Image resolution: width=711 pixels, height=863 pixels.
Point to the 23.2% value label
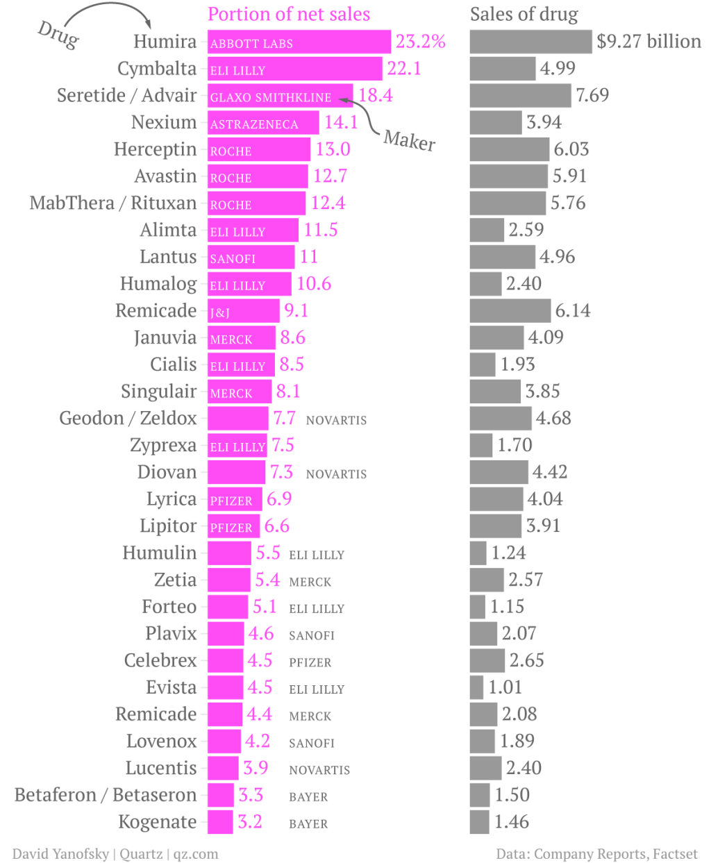tap(421, 42)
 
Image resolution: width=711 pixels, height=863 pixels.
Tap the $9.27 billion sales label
tap(649, 42)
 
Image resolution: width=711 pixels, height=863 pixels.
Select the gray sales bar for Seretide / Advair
tap(520, 96)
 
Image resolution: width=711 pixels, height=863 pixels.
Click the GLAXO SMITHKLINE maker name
tap(271, 97)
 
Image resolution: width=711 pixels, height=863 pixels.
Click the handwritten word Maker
tap(410, 141)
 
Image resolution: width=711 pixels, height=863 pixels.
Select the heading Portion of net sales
tap(289, 15)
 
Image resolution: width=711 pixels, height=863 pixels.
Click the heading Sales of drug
tap(524, 15)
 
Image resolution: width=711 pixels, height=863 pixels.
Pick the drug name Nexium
tap(164, 123)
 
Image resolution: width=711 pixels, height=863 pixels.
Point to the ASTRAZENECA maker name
tap(254, 124)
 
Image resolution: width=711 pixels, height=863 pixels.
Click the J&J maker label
tap(220, 312)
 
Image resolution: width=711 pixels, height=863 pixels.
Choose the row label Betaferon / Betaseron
tap(106, 795)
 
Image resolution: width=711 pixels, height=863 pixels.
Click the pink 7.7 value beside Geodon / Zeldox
tap(284, 419)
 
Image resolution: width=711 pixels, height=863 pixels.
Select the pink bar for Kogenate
tap(220, 822)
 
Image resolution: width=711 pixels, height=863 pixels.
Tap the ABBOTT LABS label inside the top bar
tap(251, 44)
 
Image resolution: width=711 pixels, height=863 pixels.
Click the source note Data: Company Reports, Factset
tap(596, 854)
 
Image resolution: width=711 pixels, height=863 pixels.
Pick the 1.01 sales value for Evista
tap(505, 687)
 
